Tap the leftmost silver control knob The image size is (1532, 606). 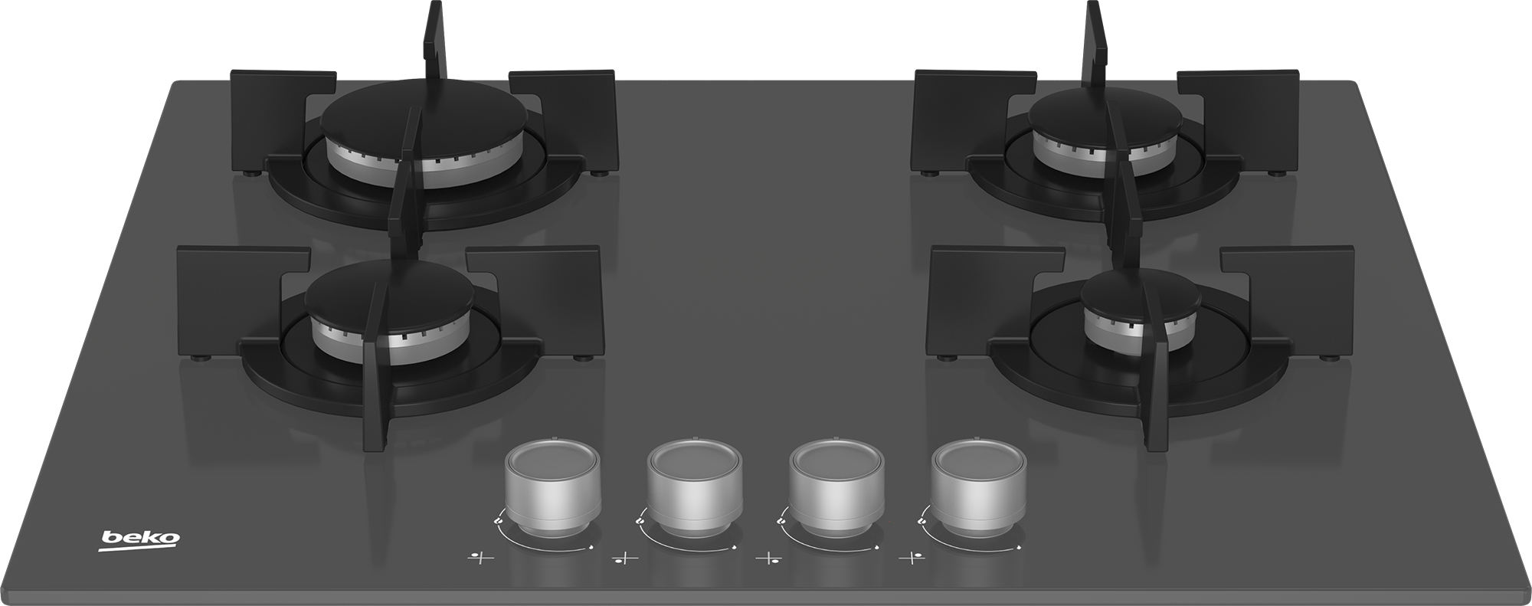[552, 488]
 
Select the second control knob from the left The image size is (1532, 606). [695, 488]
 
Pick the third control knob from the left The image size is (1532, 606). [836, 488]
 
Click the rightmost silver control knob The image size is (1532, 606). [980, 488]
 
